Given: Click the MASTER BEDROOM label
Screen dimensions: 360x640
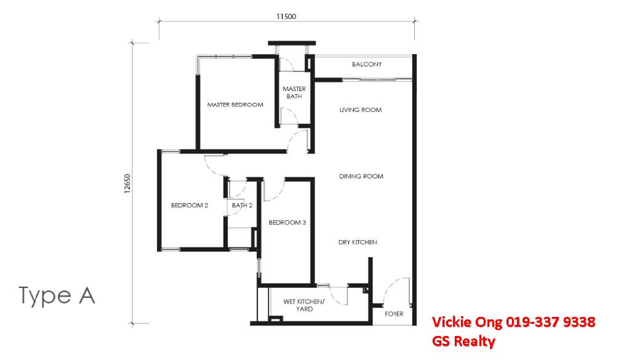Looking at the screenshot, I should (x=235, y=105).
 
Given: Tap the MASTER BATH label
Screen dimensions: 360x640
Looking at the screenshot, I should (x=294, y=93).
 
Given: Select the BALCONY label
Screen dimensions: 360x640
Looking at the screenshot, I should (x=367, y=65).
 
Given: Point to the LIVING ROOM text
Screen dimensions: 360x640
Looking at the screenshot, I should (x=361, y=110).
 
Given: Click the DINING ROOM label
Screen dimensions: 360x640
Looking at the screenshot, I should (x=361, y=177).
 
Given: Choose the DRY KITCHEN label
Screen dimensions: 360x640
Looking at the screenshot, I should (x=358, y=242).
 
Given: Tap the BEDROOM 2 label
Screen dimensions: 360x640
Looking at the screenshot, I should (x=190, y=206).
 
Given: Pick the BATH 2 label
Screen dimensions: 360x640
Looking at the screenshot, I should (x=242, y=206).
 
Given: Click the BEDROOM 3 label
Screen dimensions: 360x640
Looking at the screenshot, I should (x=287, y=223).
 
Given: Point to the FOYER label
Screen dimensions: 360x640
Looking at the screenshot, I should (x=394, y=314).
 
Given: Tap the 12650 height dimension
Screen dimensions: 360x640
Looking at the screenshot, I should (x=127, y=183).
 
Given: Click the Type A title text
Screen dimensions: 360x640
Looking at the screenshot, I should (x=57, y=296).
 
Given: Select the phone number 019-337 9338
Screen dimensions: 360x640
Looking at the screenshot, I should (x=551, y=322).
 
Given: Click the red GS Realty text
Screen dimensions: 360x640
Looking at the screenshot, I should (x=463, y=340).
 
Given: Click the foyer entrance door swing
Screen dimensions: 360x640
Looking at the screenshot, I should (x=392, y=291).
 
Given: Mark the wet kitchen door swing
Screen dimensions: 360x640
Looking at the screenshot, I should (x=339, y=295).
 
